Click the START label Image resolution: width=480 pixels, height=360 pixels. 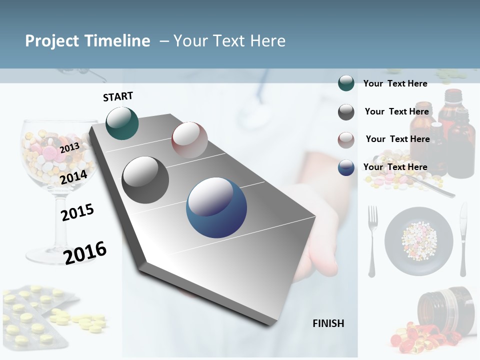coord(118,96)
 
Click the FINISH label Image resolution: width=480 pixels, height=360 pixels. coord(328,323)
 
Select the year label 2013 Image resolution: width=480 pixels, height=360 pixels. coord(69,147)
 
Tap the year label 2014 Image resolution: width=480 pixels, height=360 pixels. coord(73,177)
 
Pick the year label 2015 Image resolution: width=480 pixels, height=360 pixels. coord(77,212)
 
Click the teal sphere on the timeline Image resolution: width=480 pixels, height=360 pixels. coord(122,123)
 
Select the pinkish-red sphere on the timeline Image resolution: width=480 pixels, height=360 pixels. coord(189,139)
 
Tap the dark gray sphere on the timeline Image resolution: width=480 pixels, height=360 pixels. coord(145,179)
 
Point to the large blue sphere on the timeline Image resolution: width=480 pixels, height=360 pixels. coord(216,207)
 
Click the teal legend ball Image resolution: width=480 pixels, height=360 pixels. coord(346,83)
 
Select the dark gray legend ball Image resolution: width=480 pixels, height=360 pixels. coord(346,112)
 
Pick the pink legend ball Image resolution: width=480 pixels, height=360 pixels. coord(346,140)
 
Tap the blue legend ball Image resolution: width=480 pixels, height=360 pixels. coord(346,167)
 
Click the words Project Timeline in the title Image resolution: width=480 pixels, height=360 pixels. coord(87,41)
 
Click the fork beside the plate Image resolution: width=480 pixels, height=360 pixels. coord(372,240)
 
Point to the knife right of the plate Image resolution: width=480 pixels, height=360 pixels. coord(463,240)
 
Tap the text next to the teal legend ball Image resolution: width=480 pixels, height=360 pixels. coord(395,83)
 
